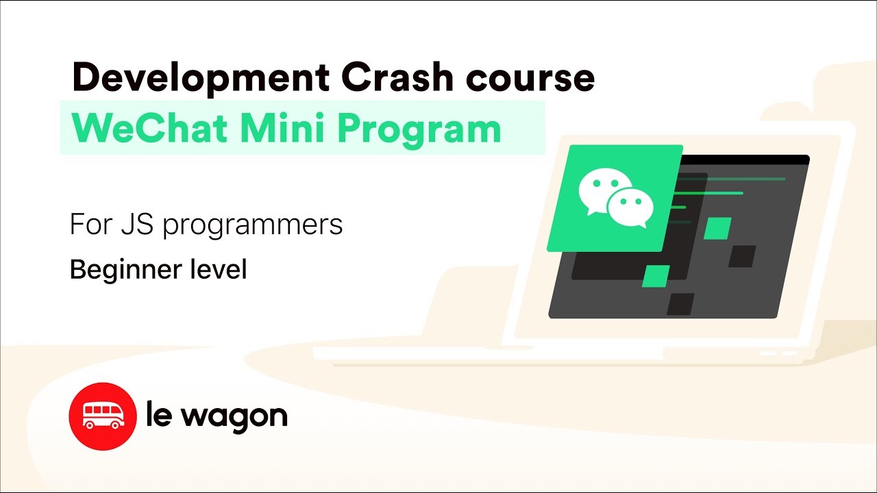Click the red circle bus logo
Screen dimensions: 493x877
pyautogui.click(x=103, y=416)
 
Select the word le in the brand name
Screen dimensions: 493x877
pyautogui.click(x=158, y=415)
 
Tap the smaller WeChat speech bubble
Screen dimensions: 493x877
pyautogui.click(x=630, y=207)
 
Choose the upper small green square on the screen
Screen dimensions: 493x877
pyautogui.click(x=717, y=229)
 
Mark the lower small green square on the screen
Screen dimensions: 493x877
pyautogui.click(x=656, y=276)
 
